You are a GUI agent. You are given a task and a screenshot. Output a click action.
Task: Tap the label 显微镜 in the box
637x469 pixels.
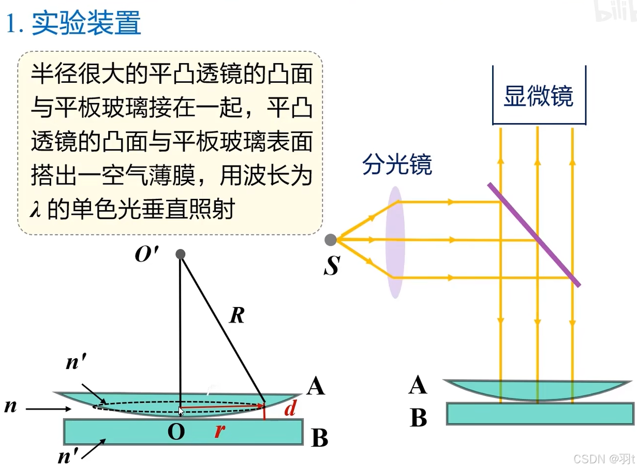(x=538, y=96)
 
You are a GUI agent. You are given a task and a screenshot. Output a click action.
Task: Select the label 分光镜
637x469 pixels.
(x=397, y=165)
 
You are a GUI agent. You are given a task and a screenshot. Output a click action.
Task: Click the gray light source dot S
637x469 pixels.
(x=331, y=240)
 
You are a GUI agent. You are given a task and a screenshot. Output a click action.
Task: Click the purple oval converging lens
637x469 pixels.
(x=395, y=242)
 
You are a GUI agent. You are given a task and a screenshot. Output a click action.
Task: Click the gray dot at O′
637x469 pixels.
(x=180, y=254)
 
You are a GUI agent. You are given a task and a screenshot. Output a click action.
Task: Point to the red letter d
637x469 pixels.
(x=290, y=409)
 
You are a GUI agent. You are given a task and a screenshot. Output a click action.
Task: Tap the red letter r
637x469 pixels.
(x=219, y=431)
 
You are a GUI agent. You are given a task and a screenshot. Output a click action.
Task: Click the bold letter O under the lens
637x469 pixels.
(x=176, y=432)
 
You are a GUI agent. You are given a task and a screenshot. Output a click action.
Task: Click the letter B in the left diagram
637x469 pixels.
(x=319, y=439)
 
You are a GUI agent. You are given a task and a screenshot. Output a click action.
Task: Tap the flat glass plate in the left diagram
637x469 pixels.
(x=183, y=431)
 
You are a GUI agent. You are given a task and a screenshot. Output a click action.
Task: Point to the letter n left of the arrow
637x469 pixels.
(x=10, y=406)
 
